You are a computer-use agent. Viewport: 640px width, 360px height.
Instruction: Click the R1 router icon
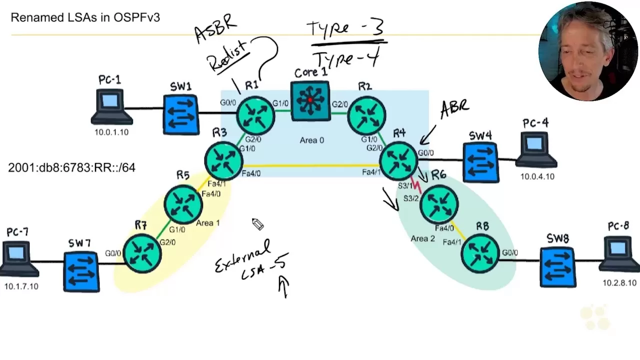point(255,115)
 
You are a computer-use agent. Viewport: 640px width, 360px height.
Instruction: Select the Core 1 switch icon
point(310,100)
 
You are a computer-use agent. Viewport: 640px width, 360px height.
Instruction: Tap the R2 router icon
point(366,115)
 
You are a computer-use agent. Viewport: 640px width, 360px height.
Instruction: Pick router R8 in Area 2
point(480,253)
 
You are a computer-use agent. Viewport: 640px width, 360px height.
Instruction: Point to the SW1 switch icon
point(181,114)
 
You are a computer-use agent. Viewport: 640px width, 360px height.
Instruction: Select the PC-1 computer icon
point(110,106)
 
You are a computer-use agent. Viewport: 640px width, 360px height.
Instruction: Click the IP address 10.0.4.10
point(537,176)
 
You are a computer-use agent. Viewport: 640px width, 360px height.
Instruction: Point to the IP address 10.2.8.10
point(619,283)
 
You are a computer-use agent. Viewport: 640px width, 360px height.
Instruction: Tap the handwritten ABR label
point(454,108)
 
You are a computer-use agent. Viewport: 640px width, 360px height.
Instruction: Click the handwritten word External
point(243,256)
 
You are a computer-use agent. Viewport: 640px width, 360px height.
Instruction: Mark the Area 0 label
point(311,140)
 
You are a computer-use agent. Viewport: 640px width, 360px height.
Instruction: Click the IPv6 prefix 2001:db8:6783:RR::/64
point(71,168)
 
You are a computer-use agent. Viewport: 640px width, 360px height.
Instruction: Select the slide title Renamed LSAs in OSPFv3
point(85,17)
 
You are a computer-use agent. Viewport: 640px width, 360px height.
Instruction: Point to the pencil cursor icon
point(257,224)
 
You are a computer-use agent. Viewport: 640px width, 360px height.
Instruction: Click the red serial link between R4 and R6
point(415,185)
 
